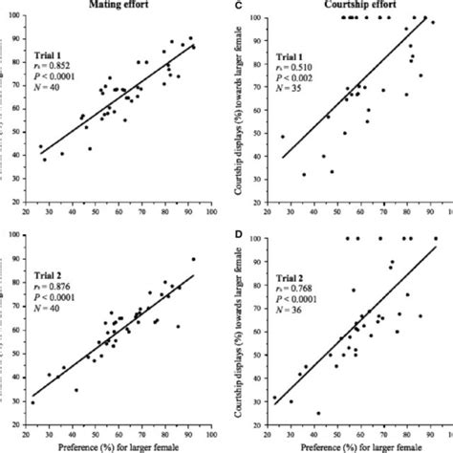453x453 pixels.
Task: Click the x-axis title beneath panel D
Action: tap(355, 444)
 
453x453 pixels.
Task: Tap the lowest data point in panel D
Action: tap(317, 413)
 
